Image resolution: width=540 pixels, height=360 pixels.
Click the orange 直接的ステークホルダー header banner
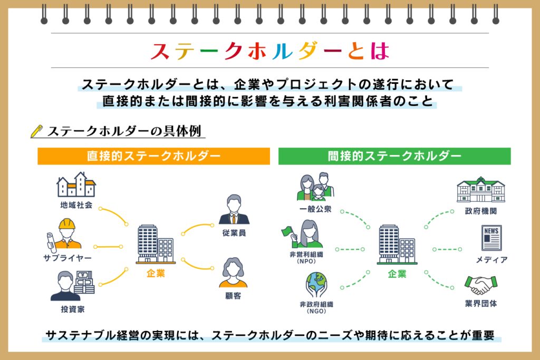coord(153,156)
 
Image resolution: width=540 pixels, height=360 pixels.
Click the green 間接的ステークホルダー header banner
coord(394,156)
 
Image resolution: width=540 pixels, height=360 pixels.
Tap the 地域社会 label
coord(76,205)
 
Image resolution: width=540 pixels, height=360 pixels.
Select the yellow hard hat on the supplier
coord(67,224)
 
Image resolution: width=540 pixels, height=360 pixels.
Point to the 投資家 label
coord(73,309)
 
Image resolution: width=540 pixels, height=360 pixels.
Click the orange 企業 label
coord(156,273)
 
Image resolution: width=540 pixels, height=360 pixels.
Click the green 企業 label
coord(397,274)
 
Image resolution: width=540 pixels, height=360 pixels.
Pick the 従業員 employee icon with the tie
coord(234,209)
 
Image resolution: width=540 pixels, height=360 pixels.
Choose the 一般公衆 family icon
coord(316,187)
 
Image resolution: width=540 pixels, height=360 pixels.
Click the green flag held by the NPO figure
coord(287,231)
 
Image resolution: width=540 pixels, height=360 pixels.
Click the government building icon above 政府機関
coord(481,189)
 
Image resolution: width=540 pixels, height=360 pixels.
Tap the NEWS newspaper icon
coord(491,238)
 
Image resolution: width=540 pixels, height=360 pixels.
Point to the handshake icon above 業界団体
coord(481,285)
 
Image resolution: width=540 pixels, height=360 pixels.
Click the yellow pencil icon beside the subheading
coord(36,131)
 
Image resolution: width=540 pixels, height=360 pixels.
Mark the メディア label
coord(491,259)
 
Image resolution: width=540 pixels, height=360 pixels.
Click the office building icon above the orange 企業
coord(156,245)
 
